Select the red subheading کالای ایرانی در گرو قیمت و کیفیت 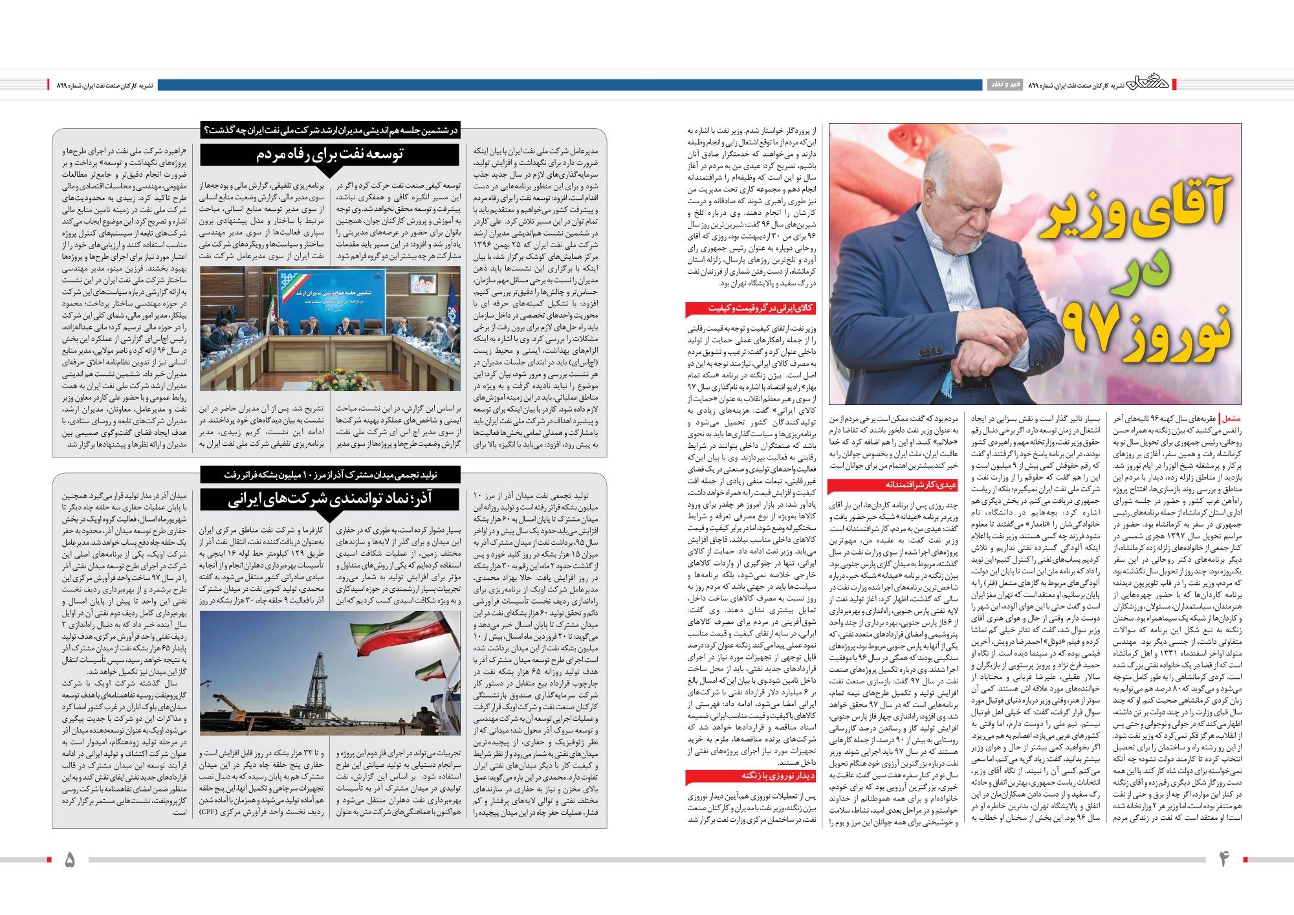click(x=751, y=308)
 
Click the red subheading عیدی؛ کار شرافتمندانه click(x=892, y=485)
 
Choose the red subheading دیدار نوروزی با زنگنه click(x=751, y=776)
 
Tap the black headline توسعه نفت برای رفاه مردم click(x=330, y=154)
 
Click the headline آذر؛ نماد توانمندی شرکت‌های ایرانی click(x=330, y=500)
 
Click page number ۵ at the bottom click(x=70, y=859)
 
